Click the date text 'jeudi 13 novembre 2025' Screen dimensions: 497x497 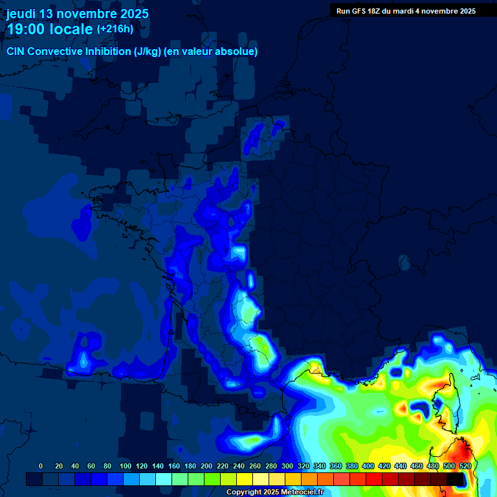pos(77,14)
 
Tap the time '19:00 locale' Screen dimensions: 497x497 pos(50,29)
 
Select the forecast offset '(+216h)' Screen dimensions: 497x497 pos(115,29)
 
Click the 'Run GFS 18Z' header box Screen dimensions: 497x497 pos(406,10)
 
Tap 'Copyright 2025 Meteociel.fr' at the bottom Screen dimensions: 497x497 pos(274,492)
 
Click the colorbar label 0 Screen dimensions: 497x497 pos(41,466)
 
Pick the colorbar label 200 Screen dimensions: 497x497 pos(206,466)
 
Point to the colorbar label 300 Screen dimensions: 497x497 pos(287,466)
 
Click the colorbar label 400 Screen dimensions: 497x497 pos(368,466)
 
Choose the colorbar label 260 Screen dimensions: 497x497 pos(255,466)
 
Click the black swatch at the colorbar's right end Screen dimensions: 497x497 pos(455,479)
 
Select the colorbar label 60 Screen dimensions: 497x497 pos(91,466)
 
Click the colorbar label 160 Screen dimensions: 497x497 pos(174,466)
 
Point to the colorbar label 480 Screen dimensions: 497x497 pos(433,466)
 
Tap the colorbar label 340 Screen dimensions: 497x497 pos(320,466)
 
